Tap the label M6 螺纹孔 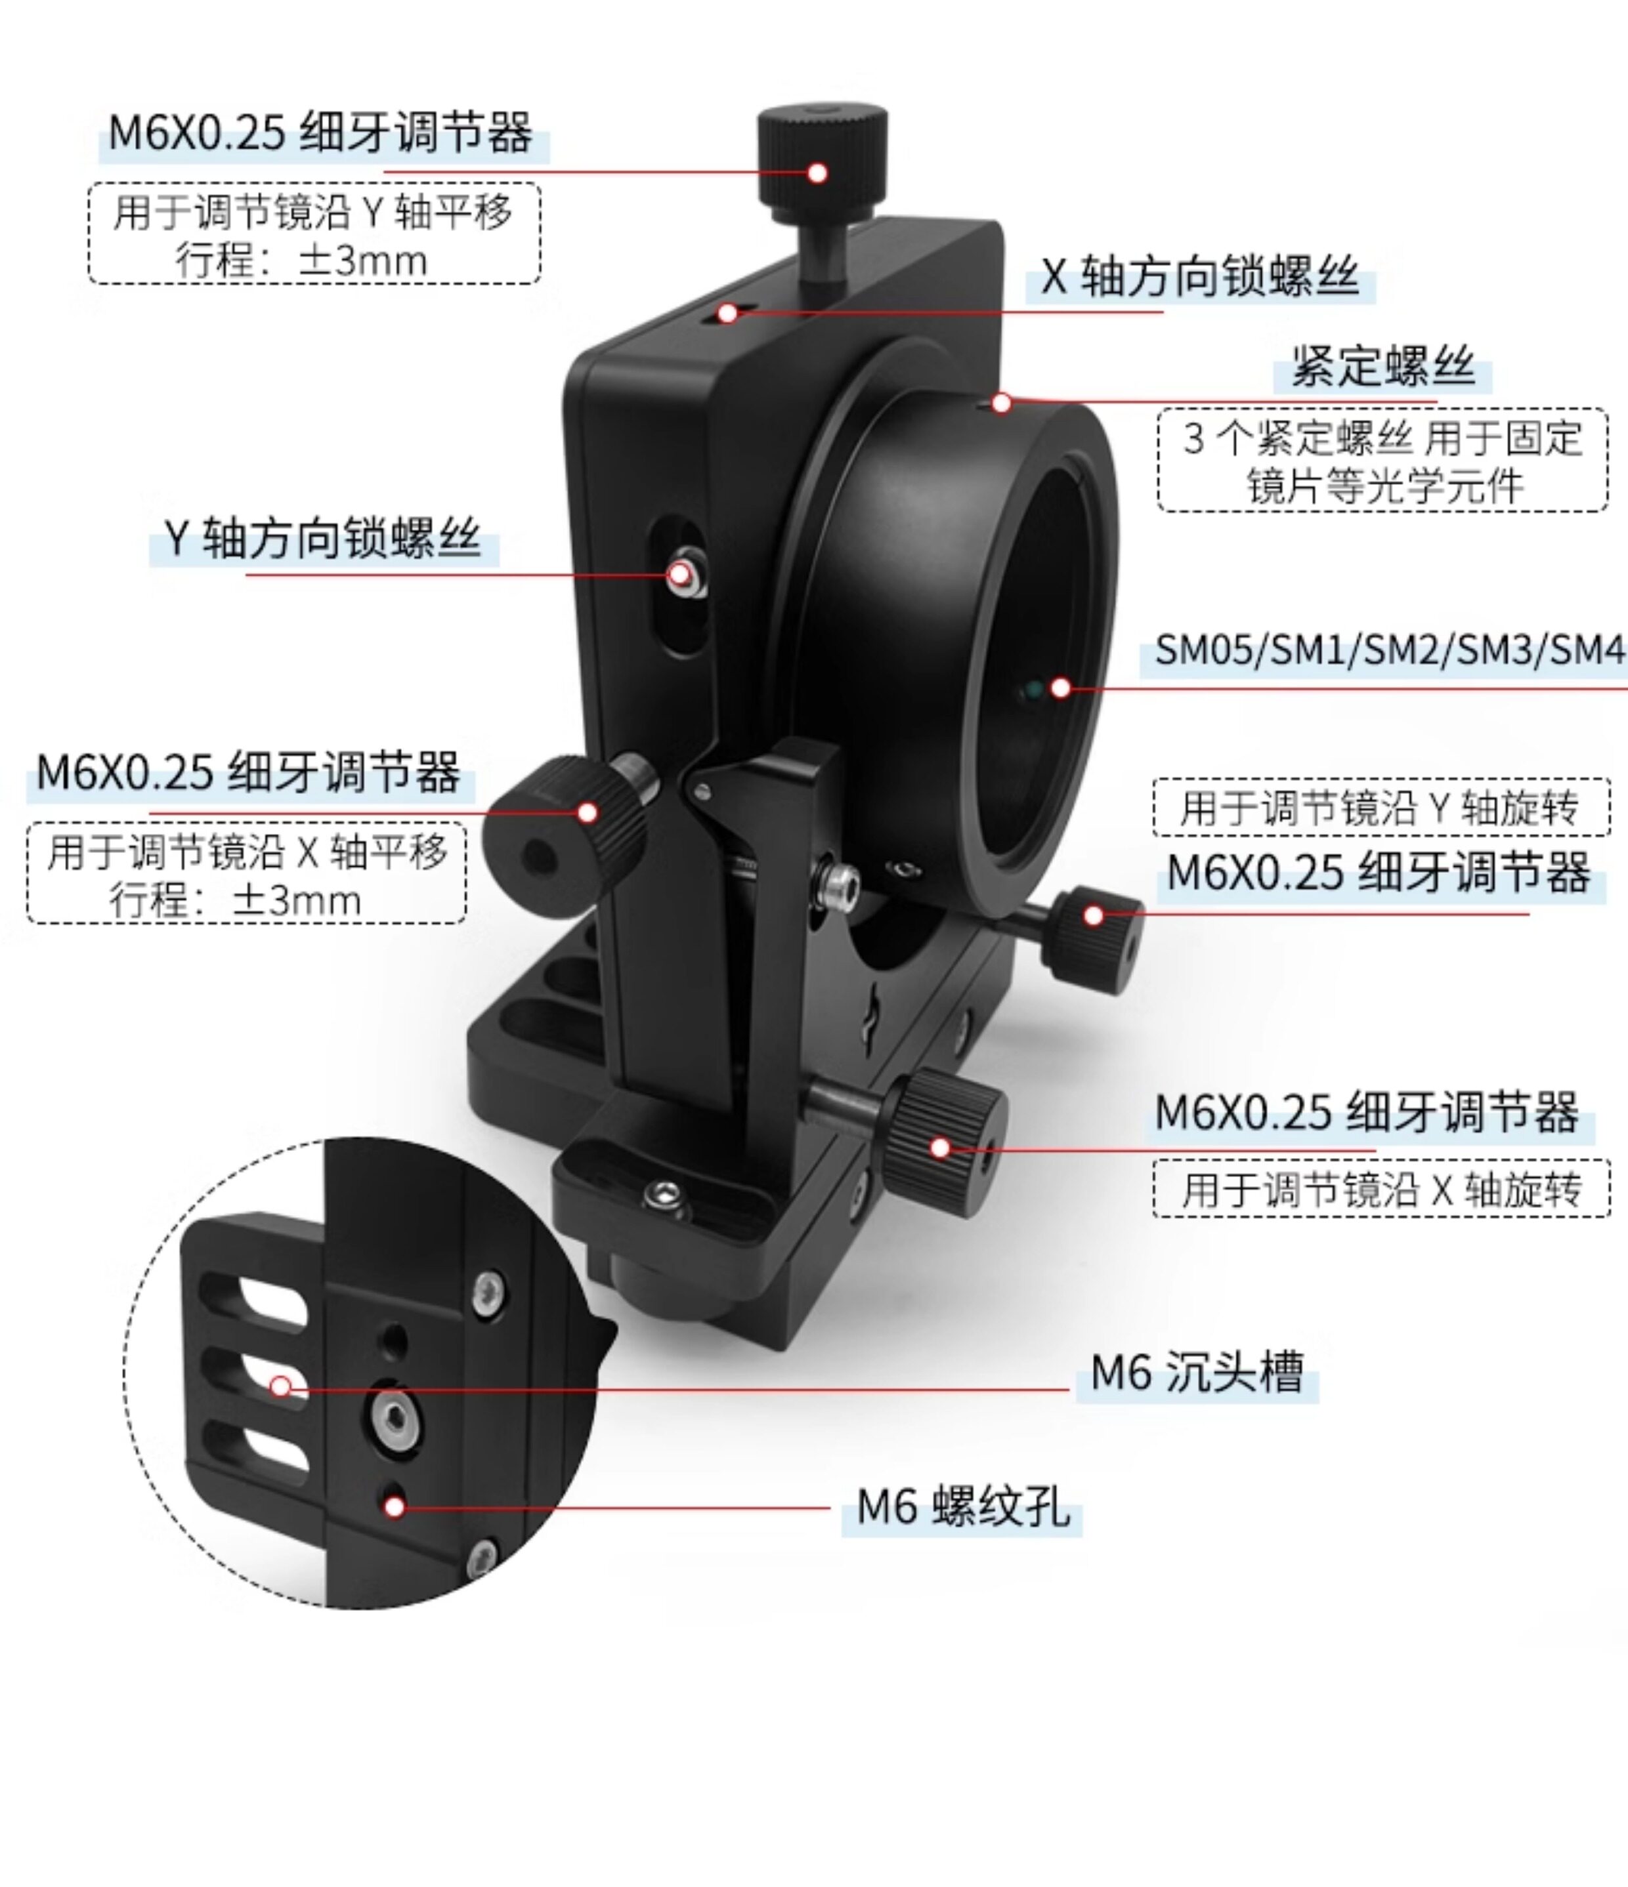963,1505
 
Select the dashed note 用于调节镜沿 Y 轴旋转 1381,808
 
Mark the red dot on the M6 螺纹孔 395,1507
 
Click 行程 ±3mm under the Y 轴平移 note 301,261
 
